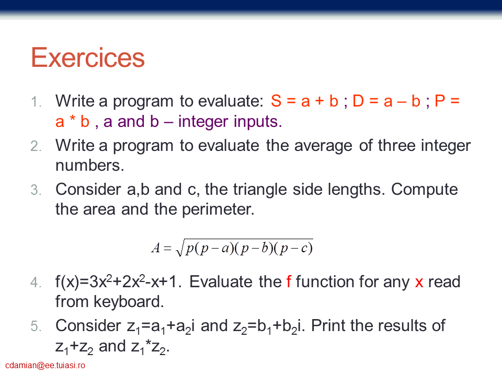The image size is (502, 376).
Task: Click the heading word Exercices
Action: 88,57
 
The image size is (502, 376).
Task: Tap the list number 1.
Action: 36,102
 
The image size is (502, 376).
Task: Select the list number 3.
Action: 36,190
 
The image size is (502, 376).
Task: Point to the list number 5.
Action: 36,326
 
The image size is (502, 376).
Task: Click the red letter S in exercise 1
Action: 276,101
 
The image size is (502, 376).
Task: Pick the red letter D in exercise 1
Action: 358,101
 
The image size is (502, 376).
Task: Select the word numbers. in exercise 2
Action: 89,166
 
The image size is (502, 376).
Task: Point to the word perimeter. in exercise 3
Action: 218,210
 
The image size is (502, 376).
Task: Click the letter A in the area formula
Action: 156,248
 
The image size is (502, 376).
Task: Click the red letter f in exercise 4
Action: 289,281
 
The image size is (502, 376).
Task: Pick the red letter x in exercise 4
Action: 419,283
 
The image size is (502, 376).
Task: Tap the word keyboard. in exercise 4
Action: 129,301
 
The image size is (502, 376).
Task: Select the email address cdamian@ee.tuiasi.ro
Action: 45,366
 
